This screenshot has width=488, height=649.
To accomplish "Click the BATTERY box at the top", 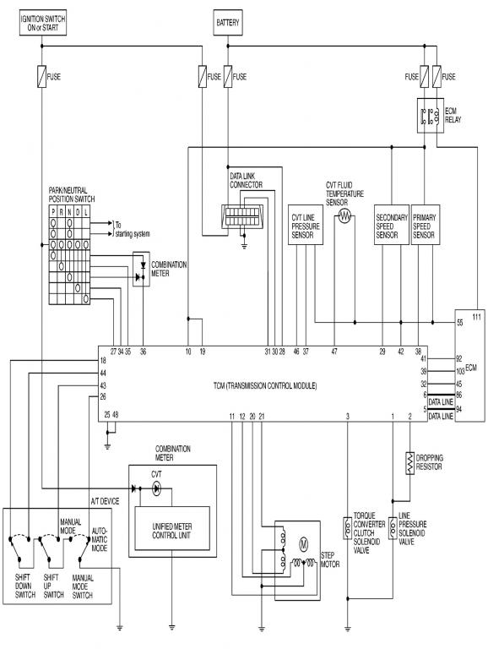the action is click(x=227, y=23).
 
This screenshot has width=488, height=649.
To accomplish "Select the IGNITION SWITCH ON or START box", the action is click(x=43, y=23).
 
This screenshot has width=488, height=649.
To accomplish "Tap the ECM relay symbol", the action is click(x=430, y=115).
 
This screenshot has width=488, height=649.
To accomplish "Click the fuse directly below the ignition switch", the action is click(x=41, y=77).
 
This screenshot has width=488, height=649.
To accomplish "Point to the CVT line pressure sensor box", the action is click(x=305, y=225).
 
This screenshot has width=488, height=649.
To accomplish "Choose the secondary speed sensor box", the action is click(x=392, y=225).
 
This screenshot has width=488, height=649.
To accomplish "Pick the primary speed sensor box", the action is click(x=426, y=225).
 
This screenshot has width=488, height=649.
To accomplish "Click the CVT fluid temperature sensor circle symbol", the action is click(x=344, y=215).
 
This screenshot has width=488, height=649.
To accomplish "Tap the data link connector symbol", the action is click(x=242, y=216).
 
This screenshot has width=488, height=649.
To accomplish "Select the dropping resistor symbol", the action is click(x=409, y=463).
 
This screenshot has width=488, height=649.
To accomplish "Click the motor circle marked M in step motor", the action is click(x=304, y=544).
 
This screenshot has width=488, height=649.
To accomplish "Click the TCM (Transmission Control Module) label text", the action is click(x=265, y=385).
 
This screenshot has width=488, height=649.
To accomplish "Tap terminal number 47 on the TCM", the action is click(x=334, y=352).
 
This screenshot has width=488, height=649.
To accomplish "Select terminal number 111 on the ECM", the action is click(x=476, y=317).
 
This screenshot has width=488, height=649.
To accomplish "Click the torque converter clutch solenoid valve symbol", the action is click(x=347, y=527).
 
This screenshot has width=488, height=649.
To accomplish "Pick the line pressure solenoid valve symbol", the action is click(x=393, y=527).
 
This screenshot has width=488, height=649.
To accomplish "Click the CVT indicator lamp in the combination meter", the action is click(x=156, y=488).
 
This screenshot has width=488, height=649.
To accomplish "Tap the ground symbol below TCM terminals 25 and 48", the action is click(x=107, y=446).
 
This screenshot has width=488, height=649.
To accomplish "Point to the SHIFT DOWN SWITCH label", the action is click(x=24, y=586).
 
